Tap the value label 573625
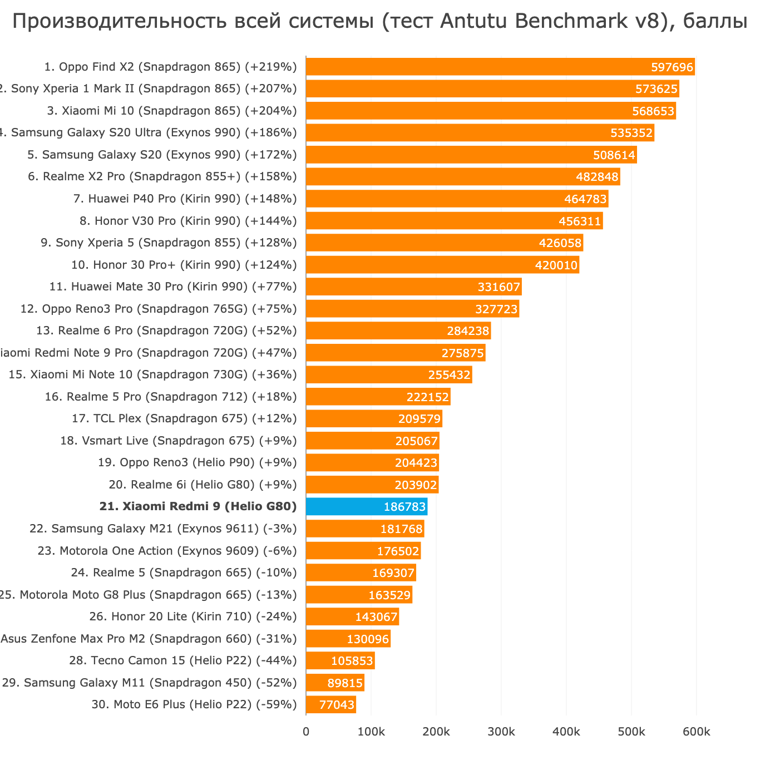[x=657, y=89]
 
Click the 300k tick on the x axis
[x=501, y=732]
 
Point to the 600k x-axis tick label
[x=696, y=732]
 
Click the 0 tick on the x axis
[x=306, y=732]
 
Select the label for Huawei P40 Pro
[x=185, y=199]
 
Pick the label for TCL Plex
[x=184, y=418]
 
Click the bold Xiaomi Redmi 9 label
[x=198, y=506]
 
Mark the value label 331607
[x=499, y=287]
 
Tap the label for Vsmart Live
[x=178, y=441]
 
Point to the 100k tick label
[x=371, y=732]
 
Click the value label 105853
[x=352, y=660]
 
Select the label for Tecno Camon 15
[x=183, y=660]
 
